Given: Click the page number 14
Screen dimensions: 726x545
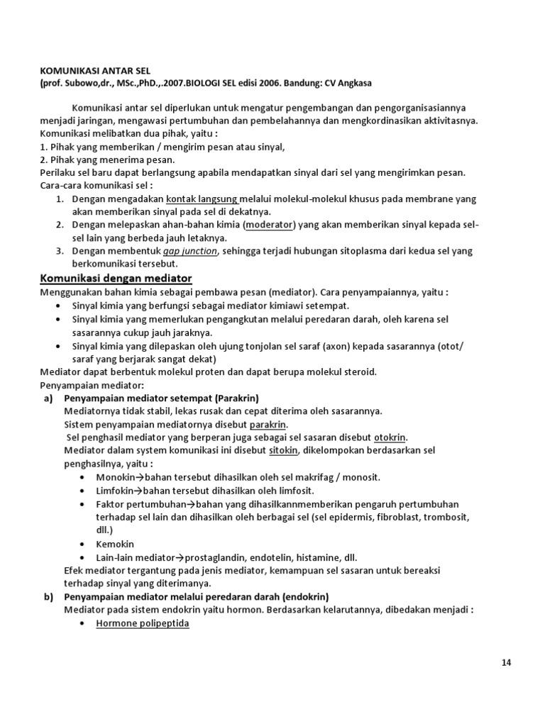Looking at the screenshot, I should (506, 663).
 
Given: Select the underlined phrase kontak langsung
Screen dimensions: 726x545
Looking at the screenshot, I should (203, 199).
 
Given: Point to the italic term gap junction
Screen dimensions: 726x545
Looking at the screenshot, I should (189, 250).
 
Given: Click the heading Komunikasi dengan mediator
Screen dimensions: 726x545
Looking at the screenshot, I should (116, 277).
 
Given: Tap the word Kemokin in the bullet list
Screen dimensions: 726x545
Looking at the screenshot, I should (115, 544).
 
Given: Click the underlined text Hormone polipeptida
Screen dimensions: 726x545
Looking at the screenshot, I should (143, 623).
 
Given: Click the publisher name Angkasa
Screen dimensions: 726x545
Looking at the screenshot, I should (352, 83).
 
